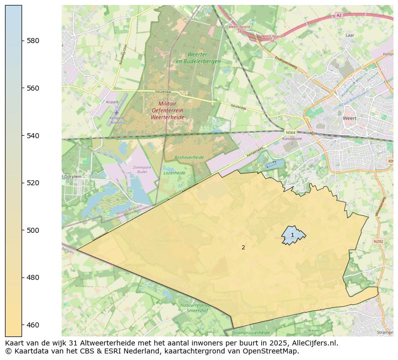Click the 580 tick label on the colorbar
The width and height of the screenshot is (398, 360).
(33, 41)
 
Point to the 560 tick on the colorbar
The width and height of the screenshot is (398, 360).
(33, 88)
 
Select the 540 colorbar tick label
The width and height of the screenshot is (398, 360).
(33, 136)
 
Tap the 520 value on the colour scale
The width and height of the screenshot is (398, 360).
(33, 183)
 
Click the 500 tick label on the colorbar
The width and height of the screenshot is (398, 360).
(33, 230)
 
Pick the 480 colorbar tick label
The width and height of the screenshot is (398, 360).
(33, 277)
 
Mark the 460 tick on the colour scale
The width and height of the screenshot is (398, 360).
(33, 325)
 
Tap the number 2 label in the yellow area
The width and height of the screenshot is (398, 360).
(243, 247)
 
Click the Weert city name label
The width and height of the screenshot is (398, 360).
(349, 119)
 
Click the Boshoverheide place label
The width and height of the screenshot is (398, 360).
(189, 157)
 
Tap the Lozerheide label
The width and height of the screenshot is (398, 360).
(174, 173)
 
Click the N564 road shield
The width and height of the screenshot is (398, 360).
(289, 132)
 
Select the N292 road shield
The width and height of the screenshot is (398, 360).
(378, 241)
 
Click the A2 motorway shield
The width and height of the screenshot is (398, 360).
(339, 16)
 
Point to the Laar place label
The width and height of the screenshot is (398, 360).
(350, 36)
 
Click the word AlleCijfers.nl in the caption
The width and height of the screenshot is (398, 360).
(314, 343)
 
